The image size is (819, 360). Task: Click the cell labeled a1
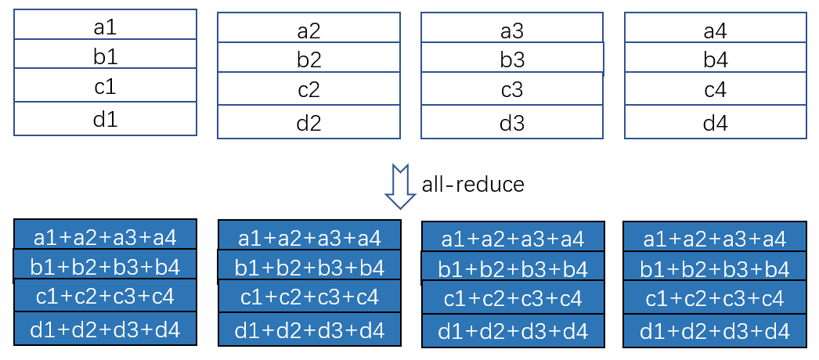[105, 25]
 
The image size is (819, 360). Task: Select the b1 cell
[105, 54]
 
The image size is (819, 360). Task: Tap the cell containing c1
[105, 85]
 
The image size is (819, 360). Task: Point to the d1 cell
[105, 118]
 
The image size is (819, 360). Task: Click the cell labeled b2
[308, 58]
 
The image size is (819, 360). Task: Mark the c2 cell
[308, 89]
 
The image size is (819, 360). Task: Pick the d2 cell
[308, 122]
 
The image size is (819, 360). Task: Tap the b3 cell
[512, 59]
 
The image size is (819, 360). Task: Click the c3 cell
[512, 89]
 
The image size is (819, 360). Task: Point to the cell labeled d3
[512, 122]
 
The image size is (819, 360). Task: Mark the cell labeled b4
[715, 58]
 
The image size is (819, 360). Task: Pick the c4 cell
[715, 89]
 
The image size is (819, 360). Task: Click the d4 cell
[715, 122]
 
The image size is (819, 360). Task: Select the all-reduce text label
[473, 185]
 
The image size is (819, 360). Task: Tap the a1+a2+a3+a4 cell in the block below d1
[105, 235]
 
